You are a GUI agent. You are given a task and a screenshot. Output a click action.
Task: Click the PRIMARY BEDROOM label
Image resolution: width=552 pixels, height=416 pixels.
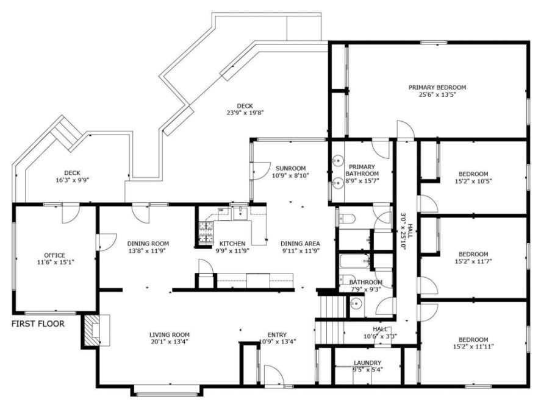pos(437,87)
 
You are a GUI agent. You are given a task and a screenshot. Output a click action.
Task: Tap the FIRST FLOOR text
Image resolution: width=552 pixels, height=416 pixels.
pos(38,324)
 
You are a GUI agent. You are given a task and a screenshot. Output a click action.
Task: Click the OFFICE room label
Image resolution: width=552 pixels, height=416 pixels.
pos(54,255)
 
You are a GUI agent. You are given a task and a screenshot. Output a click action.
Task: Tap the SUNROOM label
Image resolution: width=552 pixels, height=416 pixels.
pos(290,168)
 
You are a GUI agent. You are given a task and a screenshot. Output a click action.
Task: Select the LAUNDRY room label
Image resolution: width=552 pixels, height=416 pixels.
pos(368,362)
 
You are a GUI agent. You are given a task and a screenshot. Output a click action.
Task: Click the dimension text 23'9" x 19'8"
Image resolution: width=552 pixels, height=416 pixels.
pos(245,113)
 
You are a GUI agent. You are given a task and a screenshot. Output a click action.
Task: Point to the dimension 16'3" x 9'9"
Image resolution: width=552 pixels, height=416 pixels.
pos(71,180)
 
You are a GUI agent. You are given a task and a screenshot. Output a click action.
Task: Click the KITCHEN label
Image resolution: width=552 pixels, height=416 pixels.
pos(232,244)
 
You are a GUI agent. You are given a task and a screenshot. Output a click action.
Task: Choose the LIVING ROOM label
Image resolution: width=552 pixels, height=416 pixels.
pos(170,334)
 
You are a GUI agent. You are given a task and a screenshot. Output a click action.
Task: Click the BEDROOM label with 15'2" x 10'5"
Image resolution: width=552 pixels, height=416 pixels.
pos(473,174)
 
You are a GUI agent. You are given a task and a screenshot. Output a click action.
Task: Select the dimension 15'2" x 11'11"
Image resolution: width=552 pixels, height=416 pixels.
pos(473,347)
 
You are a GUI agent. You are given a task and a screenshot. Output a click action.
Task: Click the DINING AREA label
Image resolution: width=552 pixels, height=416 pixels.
pos(301,244)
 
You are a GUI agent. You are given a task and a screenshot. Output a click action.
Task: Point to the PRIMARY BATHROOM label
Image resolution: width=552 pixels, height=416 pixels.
pos(362,170)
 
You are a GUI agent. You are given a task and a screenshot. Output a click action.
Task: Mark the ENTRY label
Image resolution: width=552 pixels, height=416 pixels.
pos(277,334)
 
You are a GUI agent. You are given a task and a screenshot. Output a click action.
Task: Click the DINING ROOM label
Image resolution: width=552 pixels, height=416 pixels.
pos(148,244)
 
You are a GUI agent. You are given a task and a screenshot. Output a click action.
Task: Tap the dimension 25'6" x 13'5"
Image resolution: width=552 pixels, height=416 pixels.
pos(437,94)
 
